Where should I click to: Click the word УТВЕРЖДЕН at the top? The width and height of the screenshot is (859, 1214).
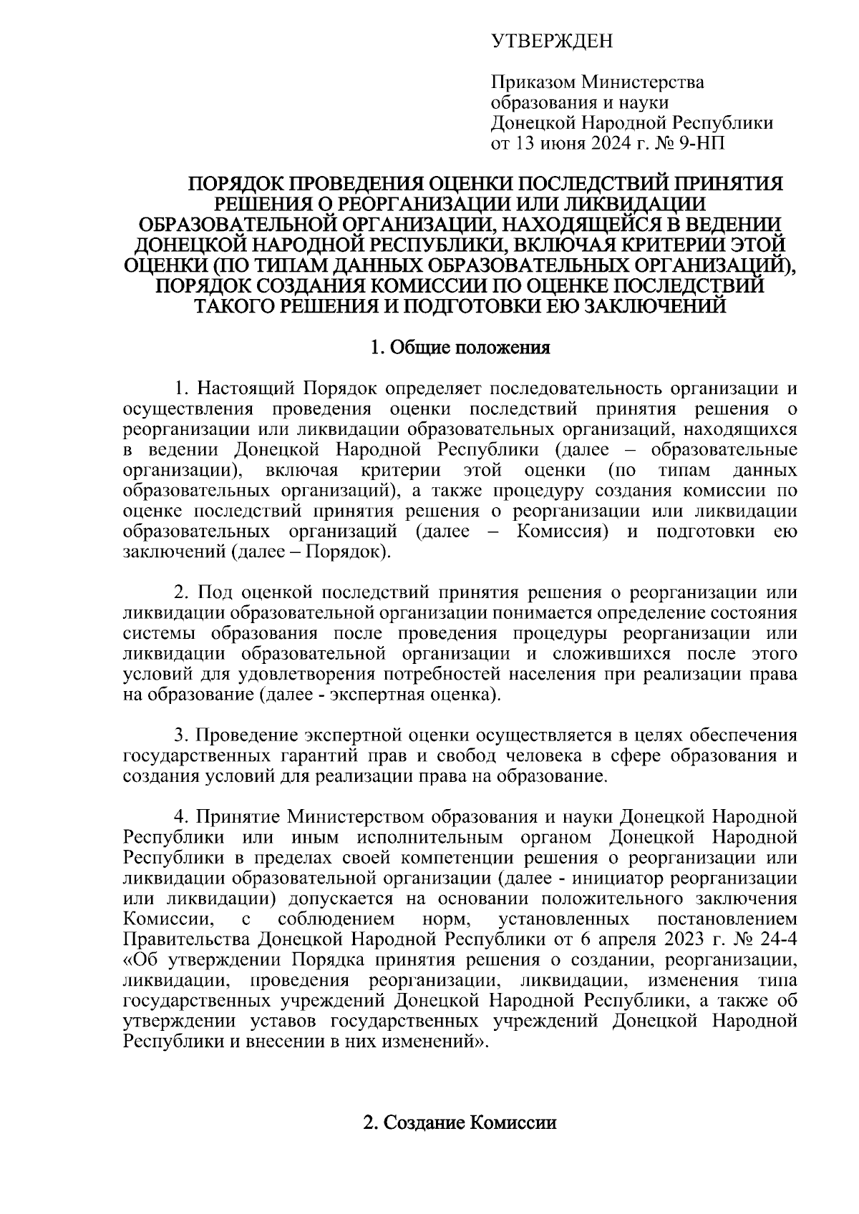tap(552, 42)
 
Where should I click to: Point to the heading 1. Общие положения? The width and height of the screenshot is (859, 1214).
tap(460, 348)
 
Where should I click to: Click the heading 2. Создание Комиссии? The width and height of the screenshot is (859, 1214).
tap(460, 1122)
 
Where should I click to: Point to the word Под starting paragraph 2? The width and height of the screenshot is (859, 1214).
tap(211, 592)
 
